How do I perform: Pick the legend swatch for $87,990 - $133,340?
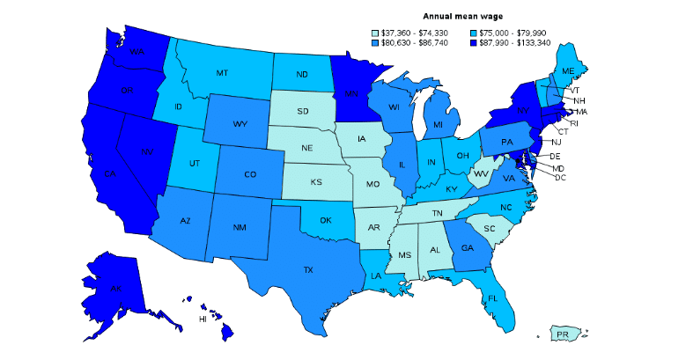click(479, 42)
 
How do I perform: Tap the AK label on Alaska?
click(116, 288)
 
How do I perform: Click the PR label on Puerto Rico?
click(563, 334)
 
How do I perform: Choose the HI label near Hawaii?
click(202, 319)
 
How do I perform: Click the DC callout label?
click(560, 177)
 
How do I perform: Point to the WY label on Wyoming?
click(240, 123)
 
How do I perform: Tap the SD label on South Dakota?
click(302, 111)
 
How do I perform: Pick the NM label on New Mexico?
click(240, 228)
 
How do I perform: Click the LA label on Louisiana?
click(377, 275)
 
